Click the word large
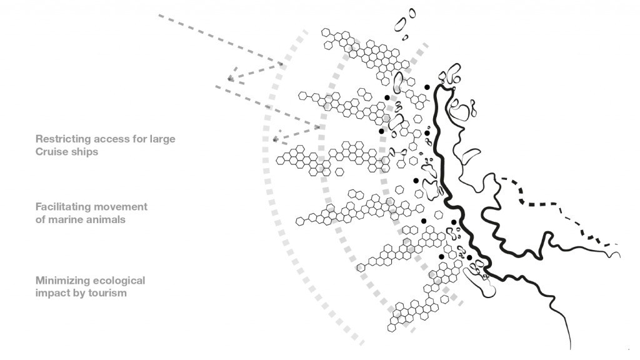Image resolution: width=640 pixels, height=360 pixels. click(x=162, y=139)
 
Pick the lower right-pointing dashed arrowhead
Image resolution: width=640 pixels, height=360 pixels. click(x=317, y=127)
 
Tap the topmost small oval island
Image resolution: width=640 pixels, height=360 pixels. click(x=412, y=14)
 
